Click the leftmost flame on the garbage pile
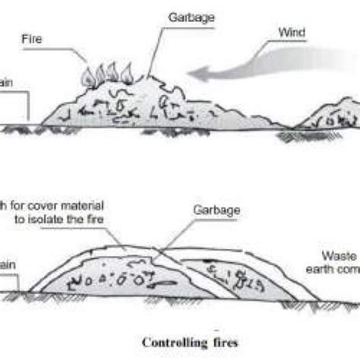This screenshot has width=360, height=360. pyautogui.click(x=85, y=75)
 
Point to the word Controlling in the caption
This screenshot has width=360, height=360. pyautogui.click(x=168, y=341)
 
